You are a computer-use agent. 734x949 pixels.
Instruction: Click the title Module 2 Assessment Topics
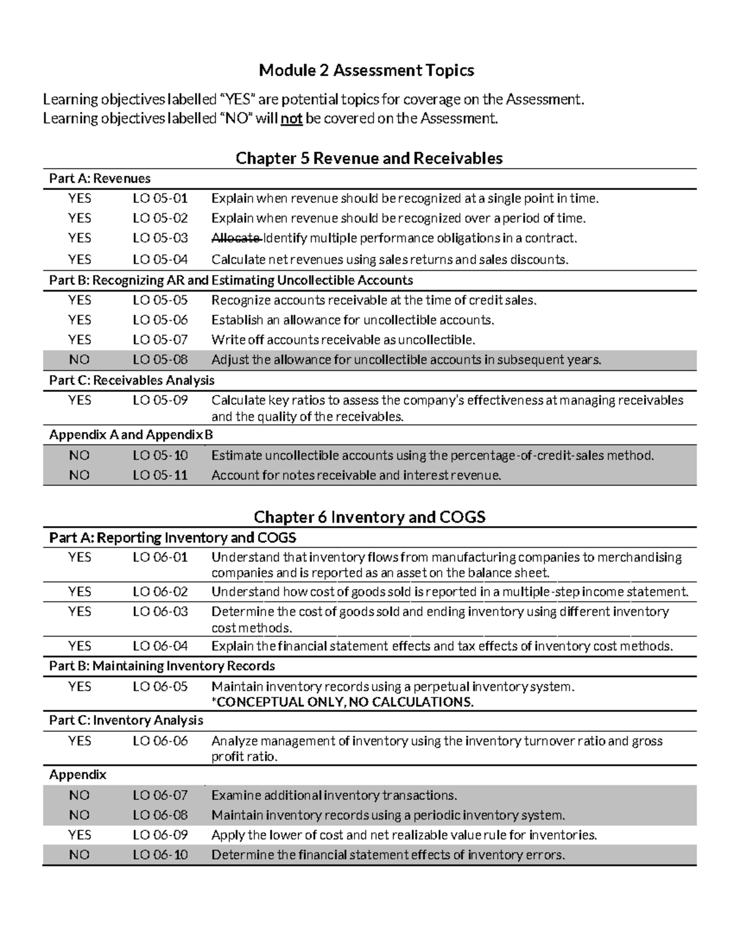pos(366,71)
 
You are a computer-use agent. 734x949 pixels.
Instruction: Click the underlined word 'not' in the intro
pos(292,119)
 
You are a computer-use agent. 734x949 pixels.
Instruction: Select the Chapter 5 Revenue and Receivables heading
pos(369,159)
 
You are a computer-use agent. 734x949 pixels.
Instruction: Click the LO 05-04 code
pos(160,260)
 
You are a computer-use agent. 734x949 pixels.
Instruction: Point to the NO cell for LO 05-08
pos(79,360)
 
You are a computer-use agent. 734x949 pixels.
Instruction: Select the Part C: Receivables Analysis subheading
pos(132,381)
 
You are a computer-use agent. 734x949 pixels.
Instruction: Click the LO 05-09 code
pos(160,401)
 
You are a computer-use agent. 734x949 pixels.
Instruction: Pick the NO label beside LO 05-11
pos(79,475)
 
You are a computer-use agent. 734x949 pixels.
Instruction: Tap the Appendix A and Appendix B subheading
pos(131,435)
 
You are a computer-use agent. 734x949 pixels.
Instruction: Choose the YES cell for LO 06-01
pos(79,557)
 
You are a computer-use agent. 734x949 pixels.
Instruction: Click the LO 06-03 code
pos(160,612)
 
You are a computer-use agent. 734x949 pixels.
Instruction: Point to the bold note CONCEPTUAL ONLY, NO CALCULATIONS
pos(343,702)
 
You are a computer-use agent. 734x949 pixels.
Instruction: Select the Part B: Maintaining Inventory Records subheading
pos(161,666)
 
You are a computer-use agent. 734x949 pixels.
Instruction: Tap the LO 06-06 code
pos(160,741)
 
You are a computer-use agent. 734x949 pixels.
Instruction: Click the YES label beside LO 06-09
pos(79,835)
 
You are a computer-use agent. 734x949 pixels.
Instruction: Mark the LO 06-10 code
pos(160,855)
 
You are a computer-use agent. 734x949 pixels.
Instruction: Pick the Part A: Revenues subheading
pos(100,179)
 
